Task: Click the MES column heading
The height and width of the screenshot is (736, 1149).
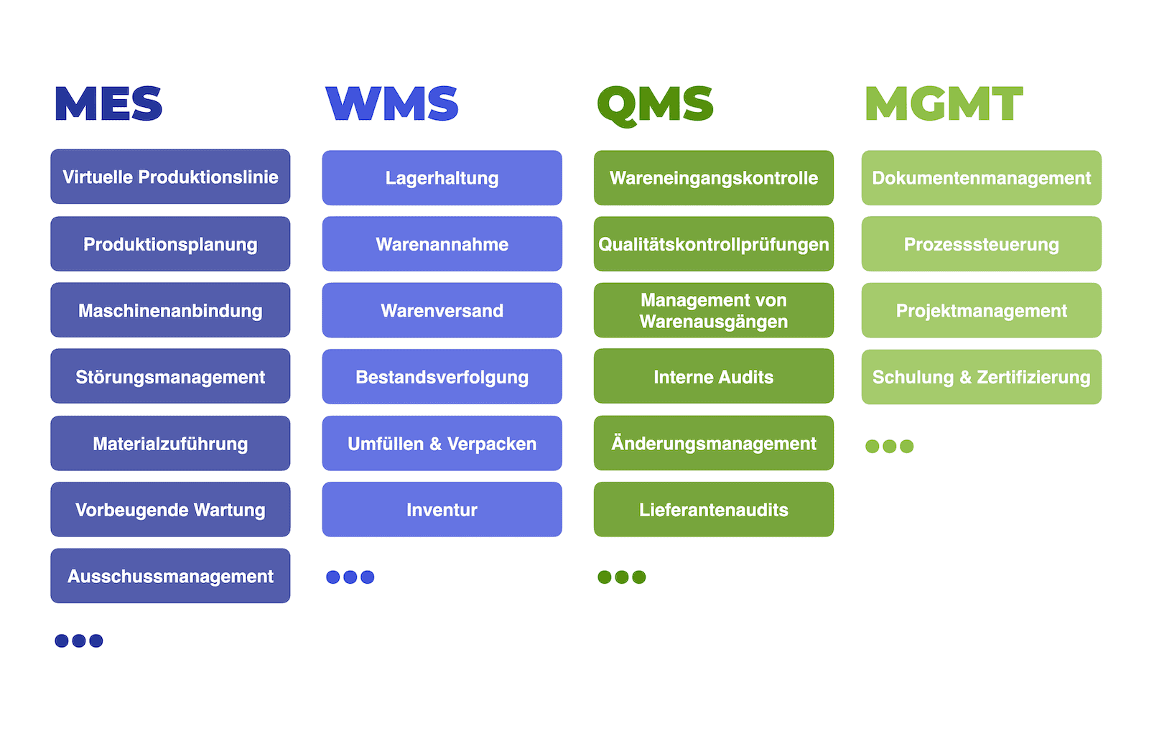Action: tap(108, 103)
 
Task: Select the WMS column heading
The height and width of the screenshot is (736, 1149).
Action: tap(392, 103)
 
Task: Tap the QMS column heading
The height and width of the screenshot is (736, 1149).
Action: tap(655, 105)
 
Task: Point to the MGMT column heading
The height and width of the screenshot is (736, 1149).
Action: tap(944, 103)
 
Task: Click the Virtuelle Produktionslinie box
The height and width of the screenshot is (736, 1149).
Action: tap(170, 177)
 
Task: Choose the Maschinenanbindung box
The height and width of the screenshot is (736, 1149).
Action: tap(170, 309)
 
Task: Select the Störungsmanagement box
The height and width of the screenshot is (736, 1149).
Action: tap(170, 376)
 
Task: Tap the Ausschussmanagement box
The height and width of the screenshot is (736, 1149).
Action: tap(170, 575)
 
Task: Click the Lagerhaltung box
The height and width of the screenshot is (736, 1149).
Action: tap(442, 177)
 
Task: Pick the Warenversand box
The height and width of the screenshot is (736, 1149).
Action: tap(442, 309)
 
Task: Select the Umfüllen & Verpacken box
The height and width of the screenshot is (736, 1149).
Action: tap(442, 443)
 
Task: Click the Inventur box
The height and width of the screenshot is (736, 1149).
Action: tap(442, 509)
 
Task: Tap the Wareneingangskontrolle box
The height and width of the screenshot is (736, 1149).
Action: tap(714, 177)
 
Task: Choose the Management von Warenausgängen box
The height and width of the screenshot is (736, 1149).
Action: tap(714, 309)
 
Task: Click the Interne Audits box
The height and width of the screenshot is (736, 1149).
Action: tap(714, 376)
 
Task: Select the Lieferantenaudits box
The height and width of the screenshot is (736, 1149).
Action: tap(714, 509)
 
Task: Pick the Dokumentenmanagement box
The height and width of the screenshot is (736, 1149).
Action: tap(981, 177)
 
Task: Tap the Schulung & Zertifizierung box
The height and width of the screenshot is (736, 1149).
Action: tap(981, 377)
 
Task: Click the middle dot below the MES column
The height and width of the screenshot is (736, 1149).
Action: tap(79, 640)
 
